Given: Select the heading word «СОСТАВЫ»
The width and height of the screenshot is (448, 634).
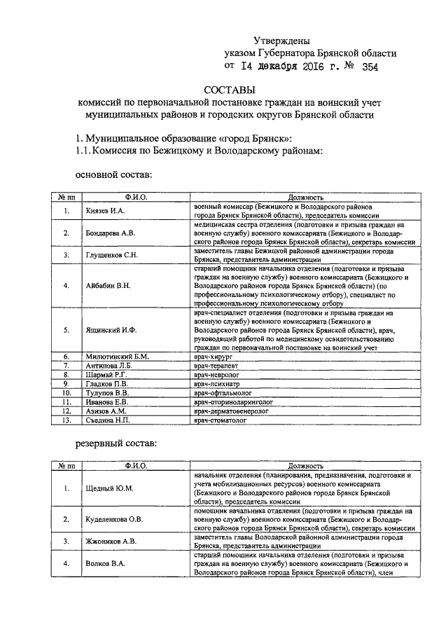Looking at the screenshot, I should pyautogui.click(x=230, y=90).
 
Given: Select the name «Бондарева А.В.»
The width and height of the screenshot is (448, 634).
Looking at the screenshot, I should pyautogui.click(x=110, y=233).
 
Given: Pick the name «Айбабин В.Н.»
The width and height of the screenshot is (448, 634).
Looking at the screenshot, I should pyautogui.click(x=108, y=286).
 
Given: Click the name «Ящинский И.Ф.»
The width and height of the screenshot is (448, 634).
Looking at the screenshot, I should pyautogui.click(x=109, y=329).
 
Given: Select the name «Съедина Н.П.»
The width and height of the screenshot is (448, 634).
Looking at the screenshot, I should pyautogui.click(x=109, y=420).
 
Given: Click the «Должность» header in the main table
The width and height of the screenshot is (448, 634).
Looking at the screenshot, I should pyautogui.click(x=304, y=198).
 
